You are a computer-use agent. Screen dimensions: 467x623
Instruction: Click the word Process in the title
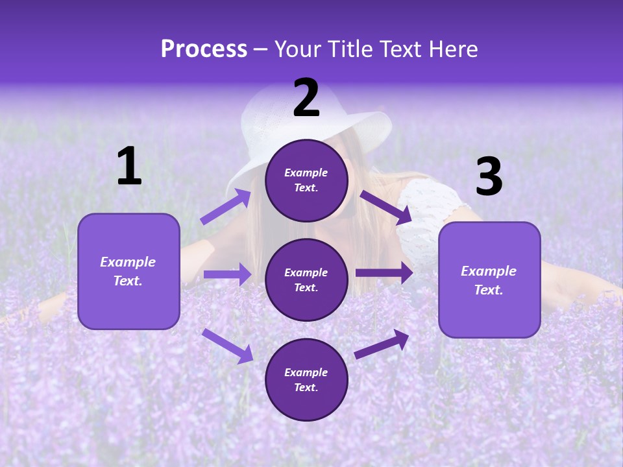204,49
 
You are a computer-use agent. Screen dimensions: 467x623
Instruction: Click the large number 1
129,167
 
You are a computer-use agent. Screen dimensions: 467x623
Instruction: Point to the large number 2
306,98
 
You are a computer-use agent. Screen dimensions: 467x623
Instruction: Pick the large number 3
489,177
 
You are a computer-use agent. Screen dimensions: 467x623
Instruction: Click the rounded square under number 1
128,271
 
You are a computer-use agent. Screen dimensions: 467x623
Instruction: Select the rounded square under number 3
489,280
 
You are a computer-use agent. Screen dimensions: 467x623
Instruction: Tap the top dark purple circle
306,180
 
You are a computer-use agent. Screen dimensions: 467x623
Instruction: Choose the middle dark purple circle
306,280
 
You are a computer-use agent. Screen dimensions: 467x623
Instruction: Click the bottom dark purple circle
306,379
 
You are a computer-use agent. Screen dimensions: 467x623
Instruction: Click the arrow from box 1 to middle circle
227,274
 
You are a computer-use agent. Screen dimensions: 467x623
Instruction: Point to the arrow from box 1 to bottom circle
227,346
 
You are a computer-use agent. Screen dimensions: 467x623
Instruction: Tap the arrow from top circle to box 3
385,207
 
